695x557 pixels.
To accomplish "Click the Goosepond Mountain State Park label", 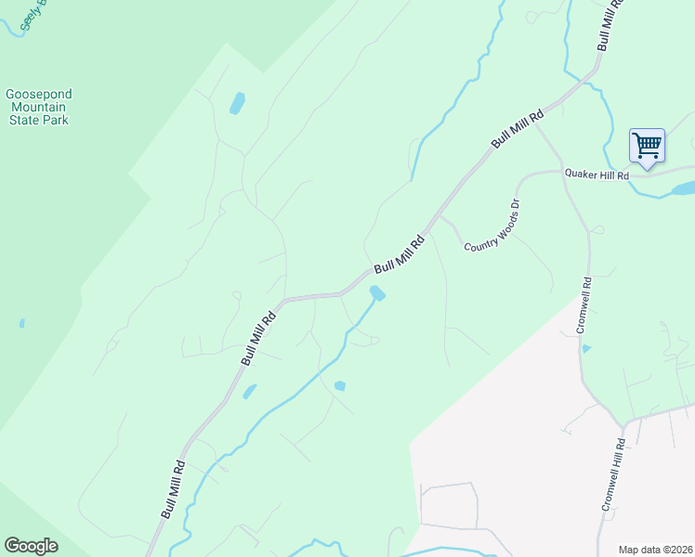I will [38, 107].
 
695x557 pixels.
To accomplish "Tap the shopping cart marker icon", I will [647, 145].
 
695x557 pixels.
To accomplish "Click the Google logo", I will [31, 546].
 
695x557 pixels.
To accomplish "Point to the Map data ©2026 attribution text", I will [655, 550].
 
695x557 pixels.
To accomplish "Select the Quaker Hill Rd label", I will [597, 175].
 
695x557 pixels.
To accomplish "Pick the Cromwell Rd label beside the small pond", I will [583, 305].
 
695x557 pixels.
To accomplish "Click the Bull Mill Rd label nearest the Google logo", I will [173, 489].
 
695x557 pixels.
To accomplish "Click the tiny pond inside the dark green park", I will [21, 324].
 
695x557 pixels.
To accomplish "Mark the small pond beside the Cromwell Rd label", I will [585, 348].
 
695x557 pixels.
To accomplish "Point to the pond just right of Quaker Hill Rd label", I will [683, 188].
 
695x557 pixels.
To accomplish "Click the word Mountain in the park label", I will [38, 107].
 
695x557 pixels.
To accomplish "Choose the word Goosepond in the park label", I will [38, 94].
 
